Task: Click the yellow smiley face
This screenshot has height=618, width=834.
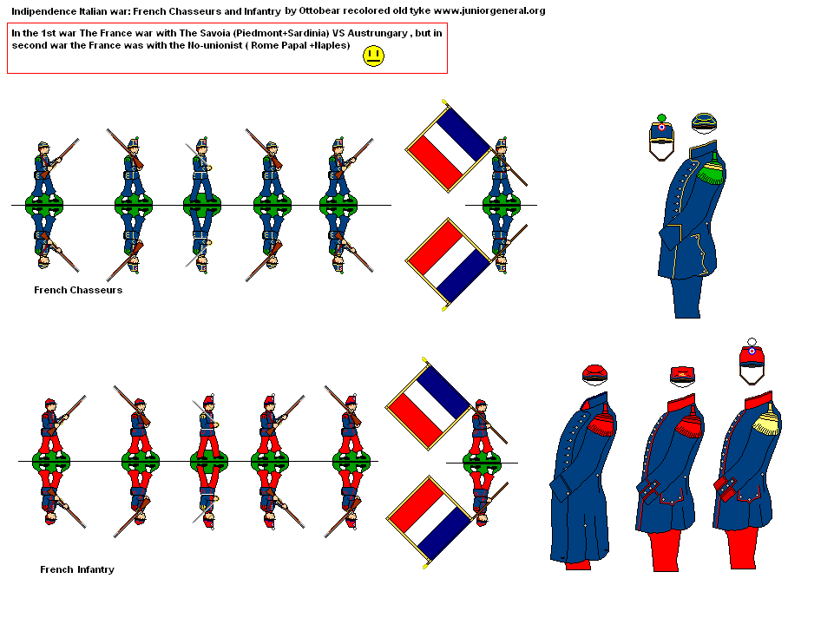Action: click(374, 57)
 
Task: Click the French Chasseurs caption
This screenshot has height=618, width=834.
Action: click(78, 290)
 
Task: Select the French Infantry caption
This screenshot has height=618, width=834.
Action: click(77, 569)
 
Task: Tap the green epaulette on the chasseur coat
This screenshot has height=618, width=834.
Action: click(711, 171)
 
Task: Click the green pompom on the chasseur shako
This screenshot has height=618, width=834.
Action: click(660, 118)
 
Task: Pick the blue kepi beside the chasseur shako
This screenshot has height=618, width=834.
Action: click(704, 123)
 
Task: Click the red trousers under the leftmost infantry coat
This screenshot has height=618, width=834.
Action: click(579, 564)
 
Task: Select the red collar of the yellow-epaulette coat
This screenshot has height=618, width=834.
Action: click(759, 398)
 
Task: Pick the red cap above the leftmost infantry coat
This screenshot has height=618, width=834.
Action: click(594, 373)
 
